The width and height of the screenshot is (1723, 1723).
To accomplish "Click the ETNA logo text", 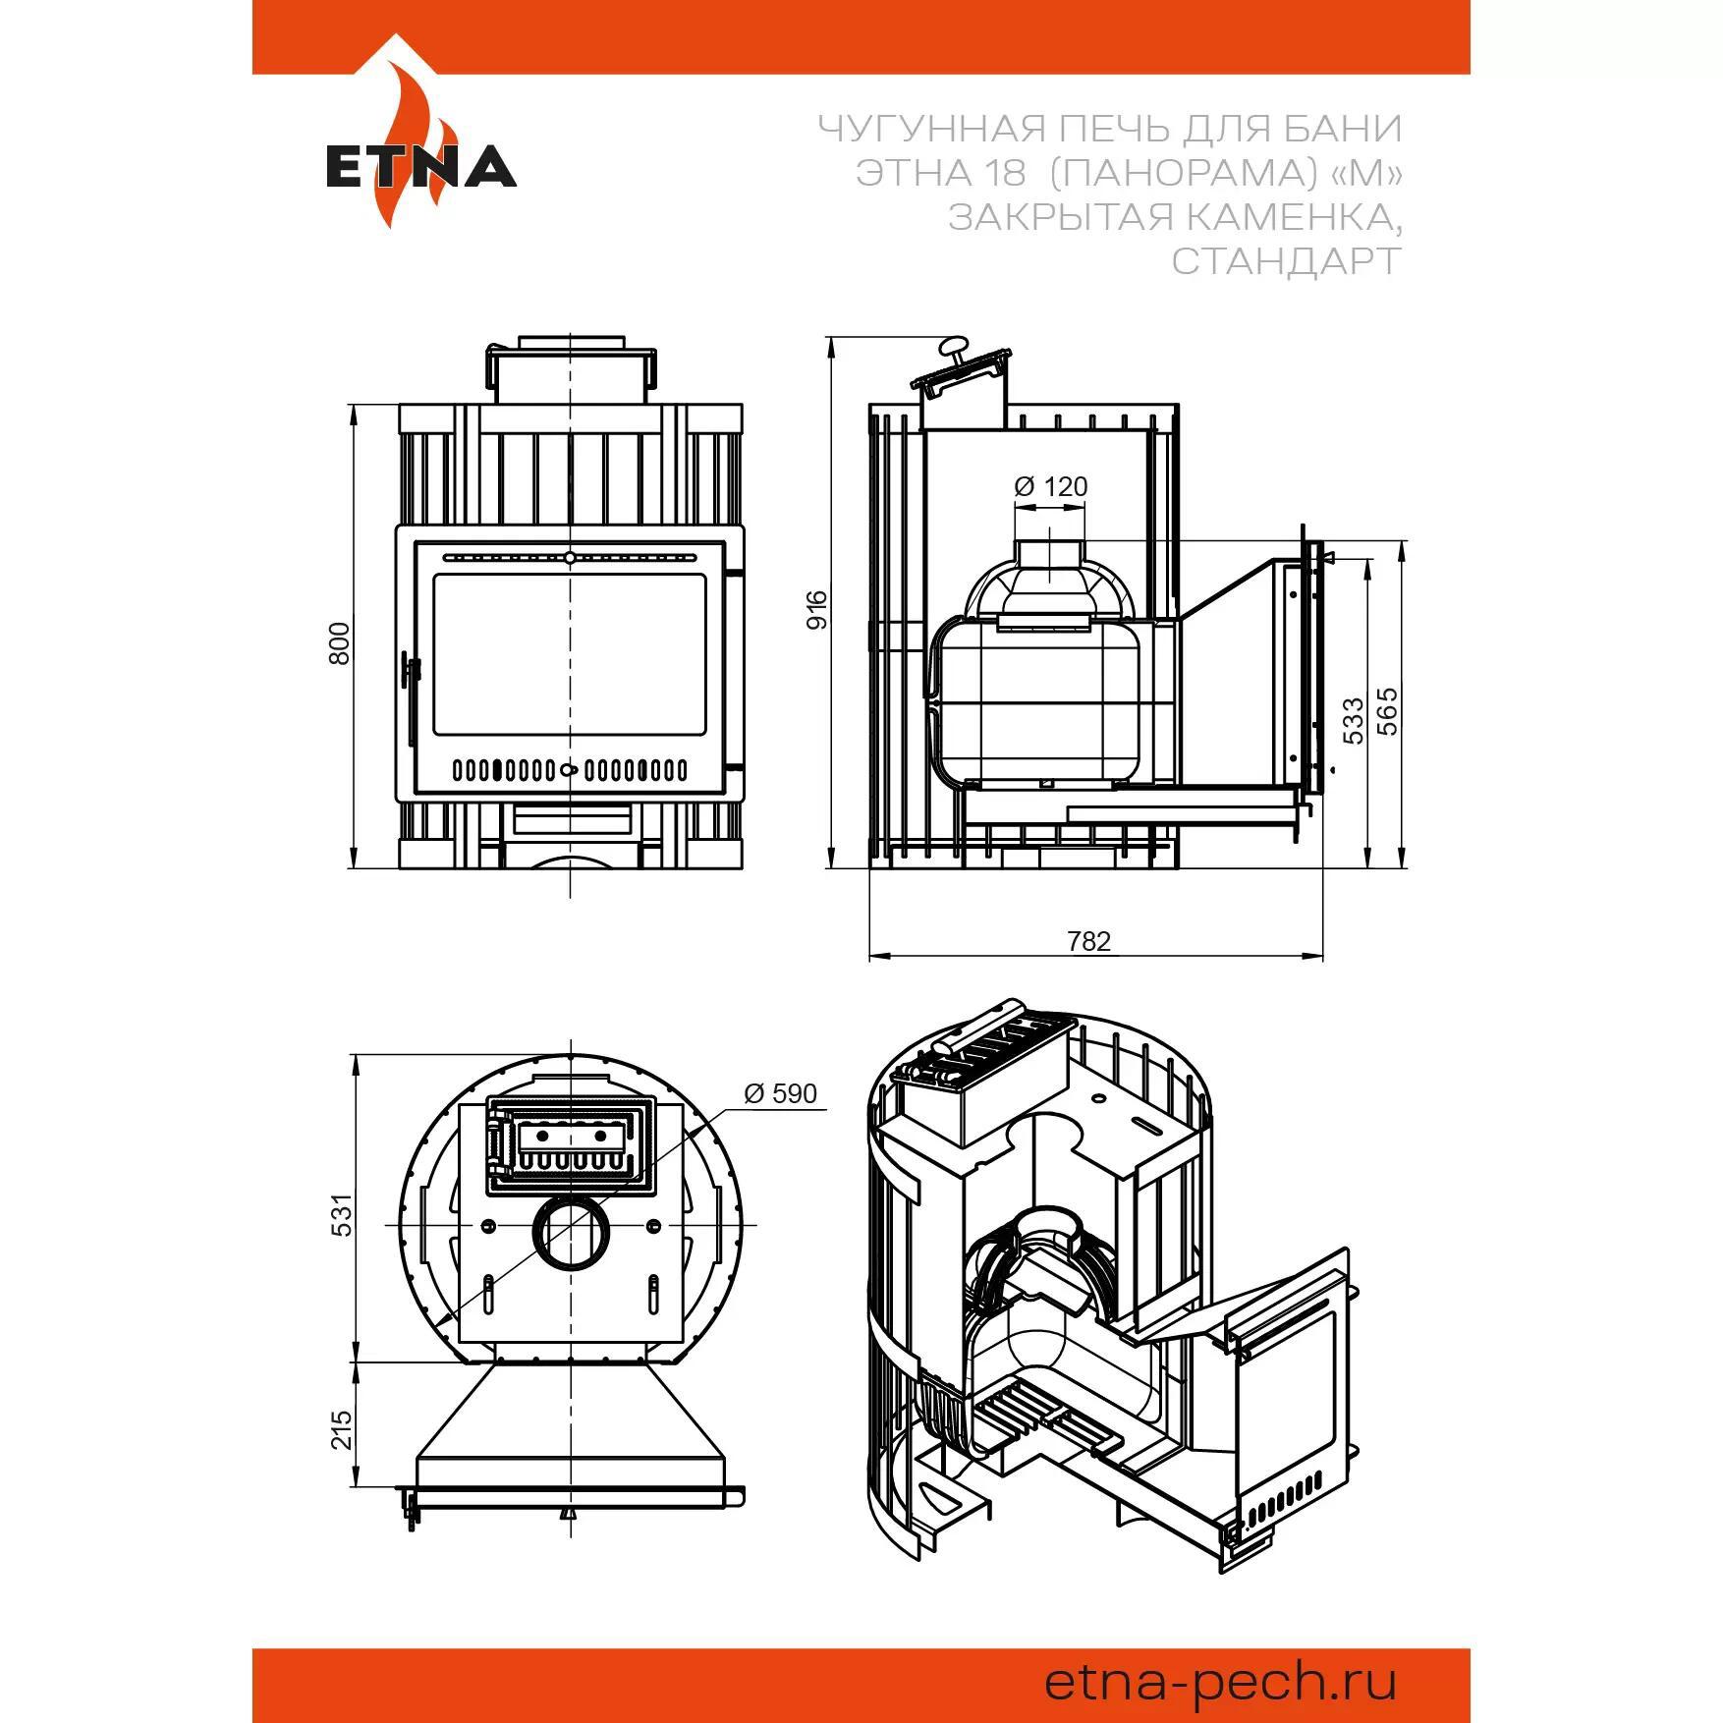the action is pyautogui.click(x=421, y=167).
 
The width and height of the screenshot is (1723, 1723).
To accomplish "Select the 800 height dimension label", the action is pyautogui.click(x=339, y=643).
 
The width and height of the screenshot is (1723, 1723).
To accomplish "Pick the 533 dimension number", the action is pyautogui.click(x=1354, y=720).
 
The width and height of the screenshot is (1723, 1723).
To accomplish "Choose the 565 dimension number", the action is pyautogui.click(x=1387, y=710).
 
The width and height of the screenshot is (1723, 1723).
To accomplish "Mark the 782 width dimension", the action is pyautogui.click(x=1088, y=941).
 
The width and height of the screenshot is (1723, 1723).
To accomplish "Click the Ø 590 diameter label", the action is pyautogui.click(x=780, y=1093).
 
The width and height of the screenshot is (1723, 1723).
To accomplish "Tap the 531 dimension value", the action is pyautogui.click(x=339, y=1214).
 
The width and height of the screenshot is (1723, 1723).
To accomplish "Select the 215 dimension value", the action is pyautogui.click(x=340, y=1429).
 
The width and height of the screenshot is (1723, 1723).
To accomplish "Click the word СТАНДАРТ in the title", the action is pyautogui.click(x=1286, y=261).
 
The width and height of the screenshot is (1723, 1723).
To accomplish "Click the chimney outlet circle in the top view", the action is pyautogui.click(x=570, y=1234).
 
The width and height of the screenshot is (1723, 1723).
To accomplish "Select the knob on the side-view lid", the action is pyautogui.click(x=953, y=346).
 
